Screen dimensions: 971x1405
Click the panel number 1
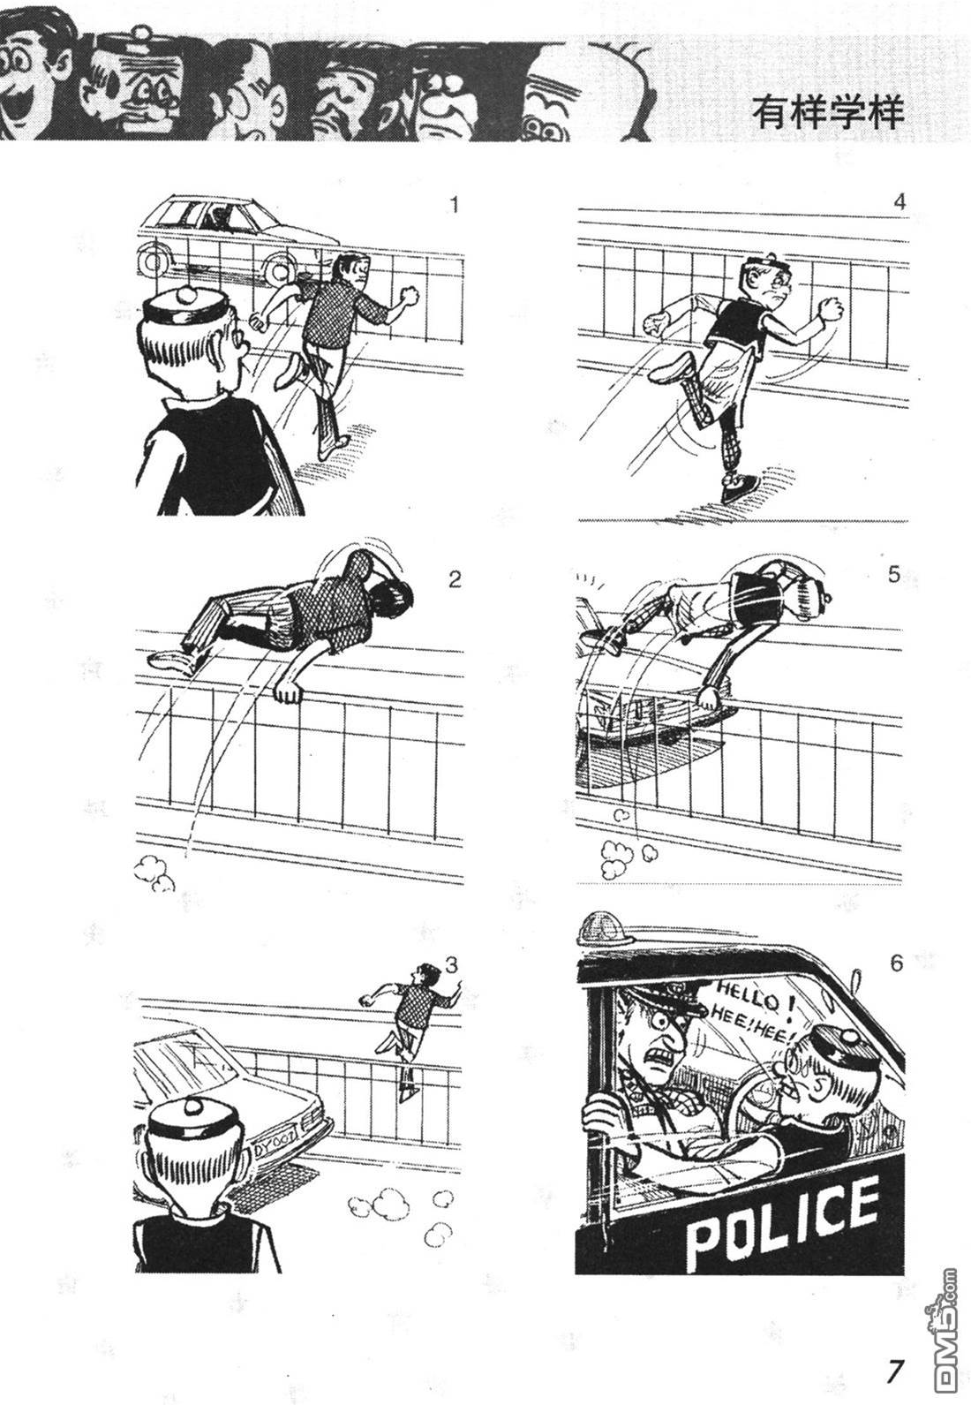pyautogui.click(x=455, y=206)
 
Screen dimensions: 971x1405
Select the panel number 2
pyautogui.click(x=455, y=579)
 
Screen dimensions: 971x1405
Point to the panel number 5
pyautogui.click(x=894, y=575)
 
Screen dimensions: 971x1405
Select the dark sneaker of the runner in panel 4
pyautogui.click(x=740, y=487)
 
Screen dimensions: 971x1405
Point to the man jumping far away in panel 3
pyautogui.click(x=410, y=1025)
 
